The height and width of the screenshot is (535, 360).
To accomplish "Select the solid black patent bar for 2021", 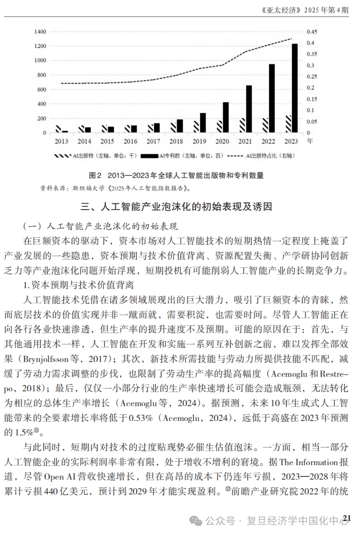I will point(249,109).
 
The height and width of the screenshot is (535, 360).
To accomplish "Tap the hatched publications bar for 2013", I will point(58,129).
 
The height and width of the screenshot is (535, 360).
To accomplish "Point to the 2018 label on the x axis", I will point(176,141).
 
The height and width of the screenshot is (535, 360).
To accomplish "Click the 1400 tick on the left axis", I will point(40,32).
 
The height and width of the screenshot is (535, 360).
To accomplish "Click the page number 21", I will point(347,518).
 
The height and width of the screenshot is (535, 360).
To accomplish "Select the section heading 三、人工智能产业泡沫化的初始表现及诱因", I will point(176,206).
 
